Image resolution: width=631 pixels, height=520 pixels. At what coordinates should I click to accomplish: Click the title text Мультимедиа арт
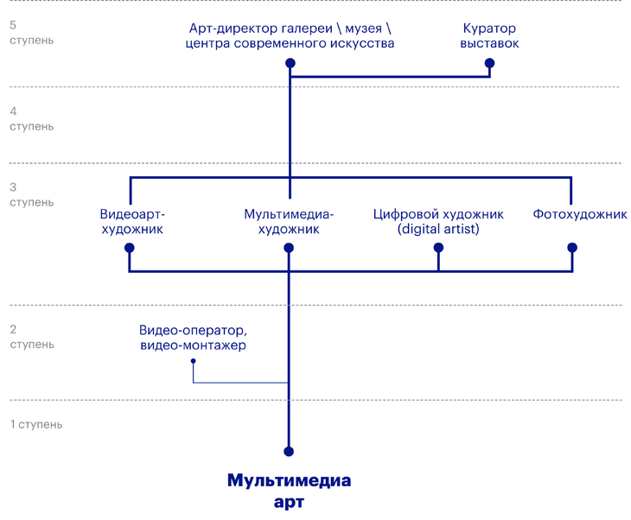pos(290,491)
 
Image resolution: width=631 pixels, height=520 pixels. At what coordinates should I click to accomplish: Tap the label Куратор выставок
pos(489,35)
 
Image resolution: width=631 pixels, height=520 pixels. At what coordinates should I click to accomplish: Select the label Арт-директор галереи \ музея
pos(290,35)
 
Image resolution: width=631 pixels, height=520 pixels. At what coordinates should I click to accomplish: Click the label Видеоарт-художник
pos(132,222)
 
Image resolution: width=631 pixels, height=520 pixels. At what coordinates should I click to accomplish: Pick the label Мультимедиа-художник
pos(289,222)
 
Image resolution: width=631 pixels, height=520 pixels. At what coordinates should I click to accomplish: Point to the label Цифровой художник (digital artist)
pos(438,222)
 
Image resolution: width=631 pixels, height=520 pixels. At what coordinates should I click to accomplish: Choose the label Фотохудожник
pos(580,214)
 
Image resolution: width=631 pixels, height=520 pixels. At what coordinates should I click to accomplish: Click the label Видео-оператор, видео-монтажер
pos(193,338)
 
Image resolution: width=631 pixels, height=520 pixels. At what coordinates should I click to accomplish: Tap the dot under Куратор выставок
pos(490,63)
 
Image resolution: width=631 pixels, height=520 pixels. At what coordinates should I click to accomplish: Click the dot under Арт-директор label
pos(290,63)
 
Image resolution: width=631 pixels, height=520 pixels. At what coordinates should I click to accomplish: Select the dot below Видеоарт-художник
pos(130,248)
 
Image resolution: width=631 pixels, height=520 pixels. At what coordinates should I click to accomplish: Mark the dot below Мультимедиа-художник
pos(289,248)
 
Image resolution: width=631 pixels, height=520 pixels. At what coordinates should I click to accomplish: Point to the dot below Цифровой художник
pos(438,248)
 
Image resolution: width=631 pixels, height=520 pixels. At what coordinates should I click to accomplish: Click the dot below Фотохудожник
pos(571,248)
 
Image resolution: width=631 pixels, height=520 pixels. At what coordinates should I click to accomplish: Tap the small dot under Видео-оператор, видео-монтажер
pos(194,361)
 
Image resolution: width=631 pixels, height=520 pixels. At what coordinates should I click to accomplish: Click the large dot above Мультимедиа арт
pos(289,452)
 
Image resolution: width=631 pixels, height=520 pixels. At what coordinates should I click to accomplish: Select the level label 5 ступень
pos(31,33)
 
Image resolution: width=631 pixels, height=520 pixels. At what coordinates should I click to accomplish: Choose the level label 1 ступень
pos(35,425)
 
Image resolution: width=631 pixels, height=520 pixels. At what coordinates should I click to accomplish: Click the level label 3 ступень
pos(31,194)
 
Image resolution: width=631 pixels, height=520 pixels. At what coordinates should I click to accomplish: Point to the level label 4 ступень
pos(31,119)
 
